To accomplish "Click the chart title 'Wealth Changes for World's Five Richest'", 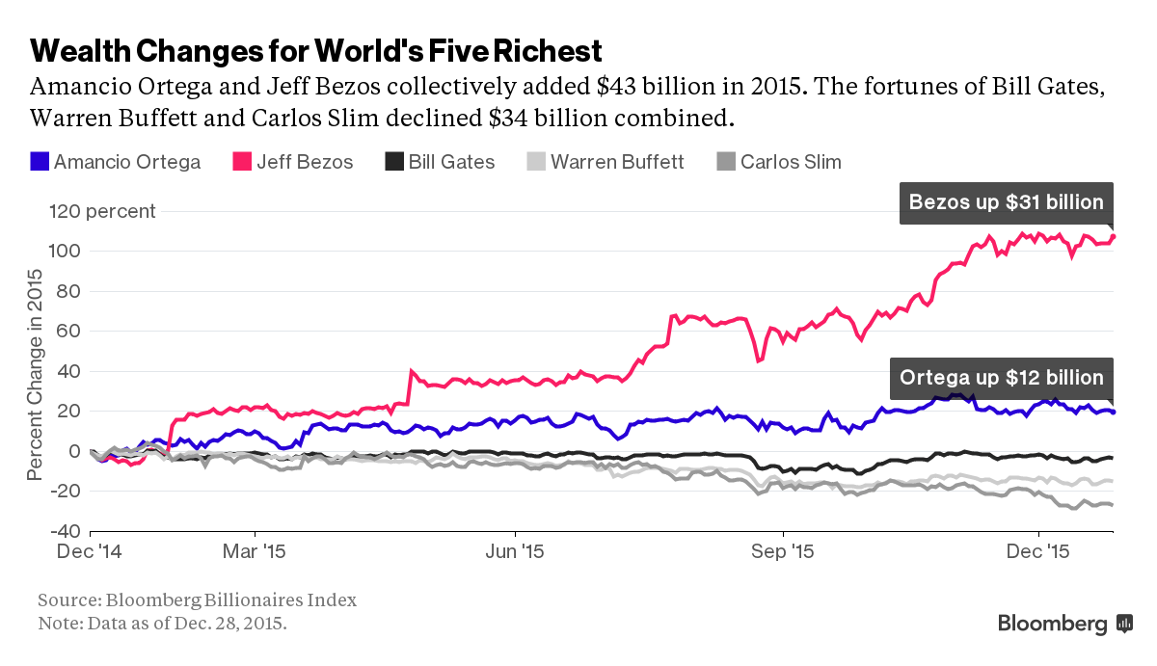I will tap(316, 50).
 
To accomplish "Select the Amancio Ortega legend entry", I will tap(116, 162).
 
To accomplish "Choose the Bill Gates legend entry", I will tap(440, 162).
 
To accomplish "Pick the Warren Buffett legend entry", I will tap(605, 162).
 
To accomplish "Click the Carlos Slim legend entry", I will tap(778, 162).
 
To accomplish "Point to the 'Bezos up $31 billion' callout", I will tap(1006, 202).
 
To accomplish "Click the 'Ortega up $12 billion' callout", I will tap(1001, 377).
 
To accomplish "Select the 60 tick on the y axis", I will tap(70, 332).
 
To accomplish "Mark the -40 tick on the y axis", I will tap(66, 531).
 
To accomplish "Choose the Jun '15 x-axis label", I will tap(516, 553).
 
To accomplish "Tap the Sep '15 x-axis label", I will tap(783, 553).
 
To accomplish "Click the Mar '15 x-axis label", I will tap(256, 553).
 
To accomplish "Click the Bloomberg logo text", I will tap(1052, 625).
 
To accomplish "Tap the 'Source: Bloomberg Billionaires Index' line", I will tap(197, 600).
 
